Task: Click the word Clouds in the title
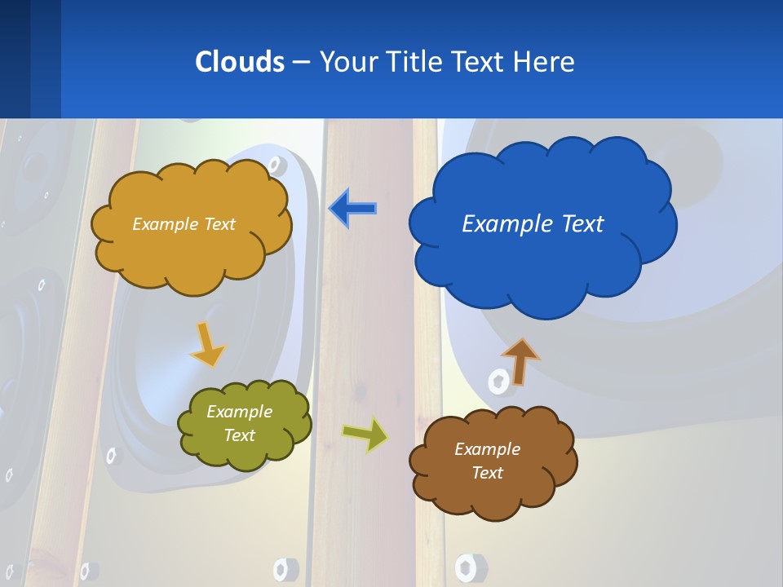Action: coord(239,62)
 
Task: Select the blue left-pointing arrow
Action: coord(352,209)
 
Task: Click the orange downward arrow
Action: coord(207,344)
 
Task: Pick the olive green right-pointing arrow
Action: coord(365,434)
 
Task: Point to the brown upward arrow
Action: coord(520,361)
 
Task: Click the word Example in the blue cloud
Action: coord(498,224)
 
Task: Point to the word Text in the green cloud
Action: coord(240,435)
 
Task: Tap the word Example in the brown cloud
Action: coord(487,449)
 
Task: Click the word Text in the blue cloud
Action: coord(582,224)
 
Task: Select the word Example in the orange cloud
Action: coord(166,224)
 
